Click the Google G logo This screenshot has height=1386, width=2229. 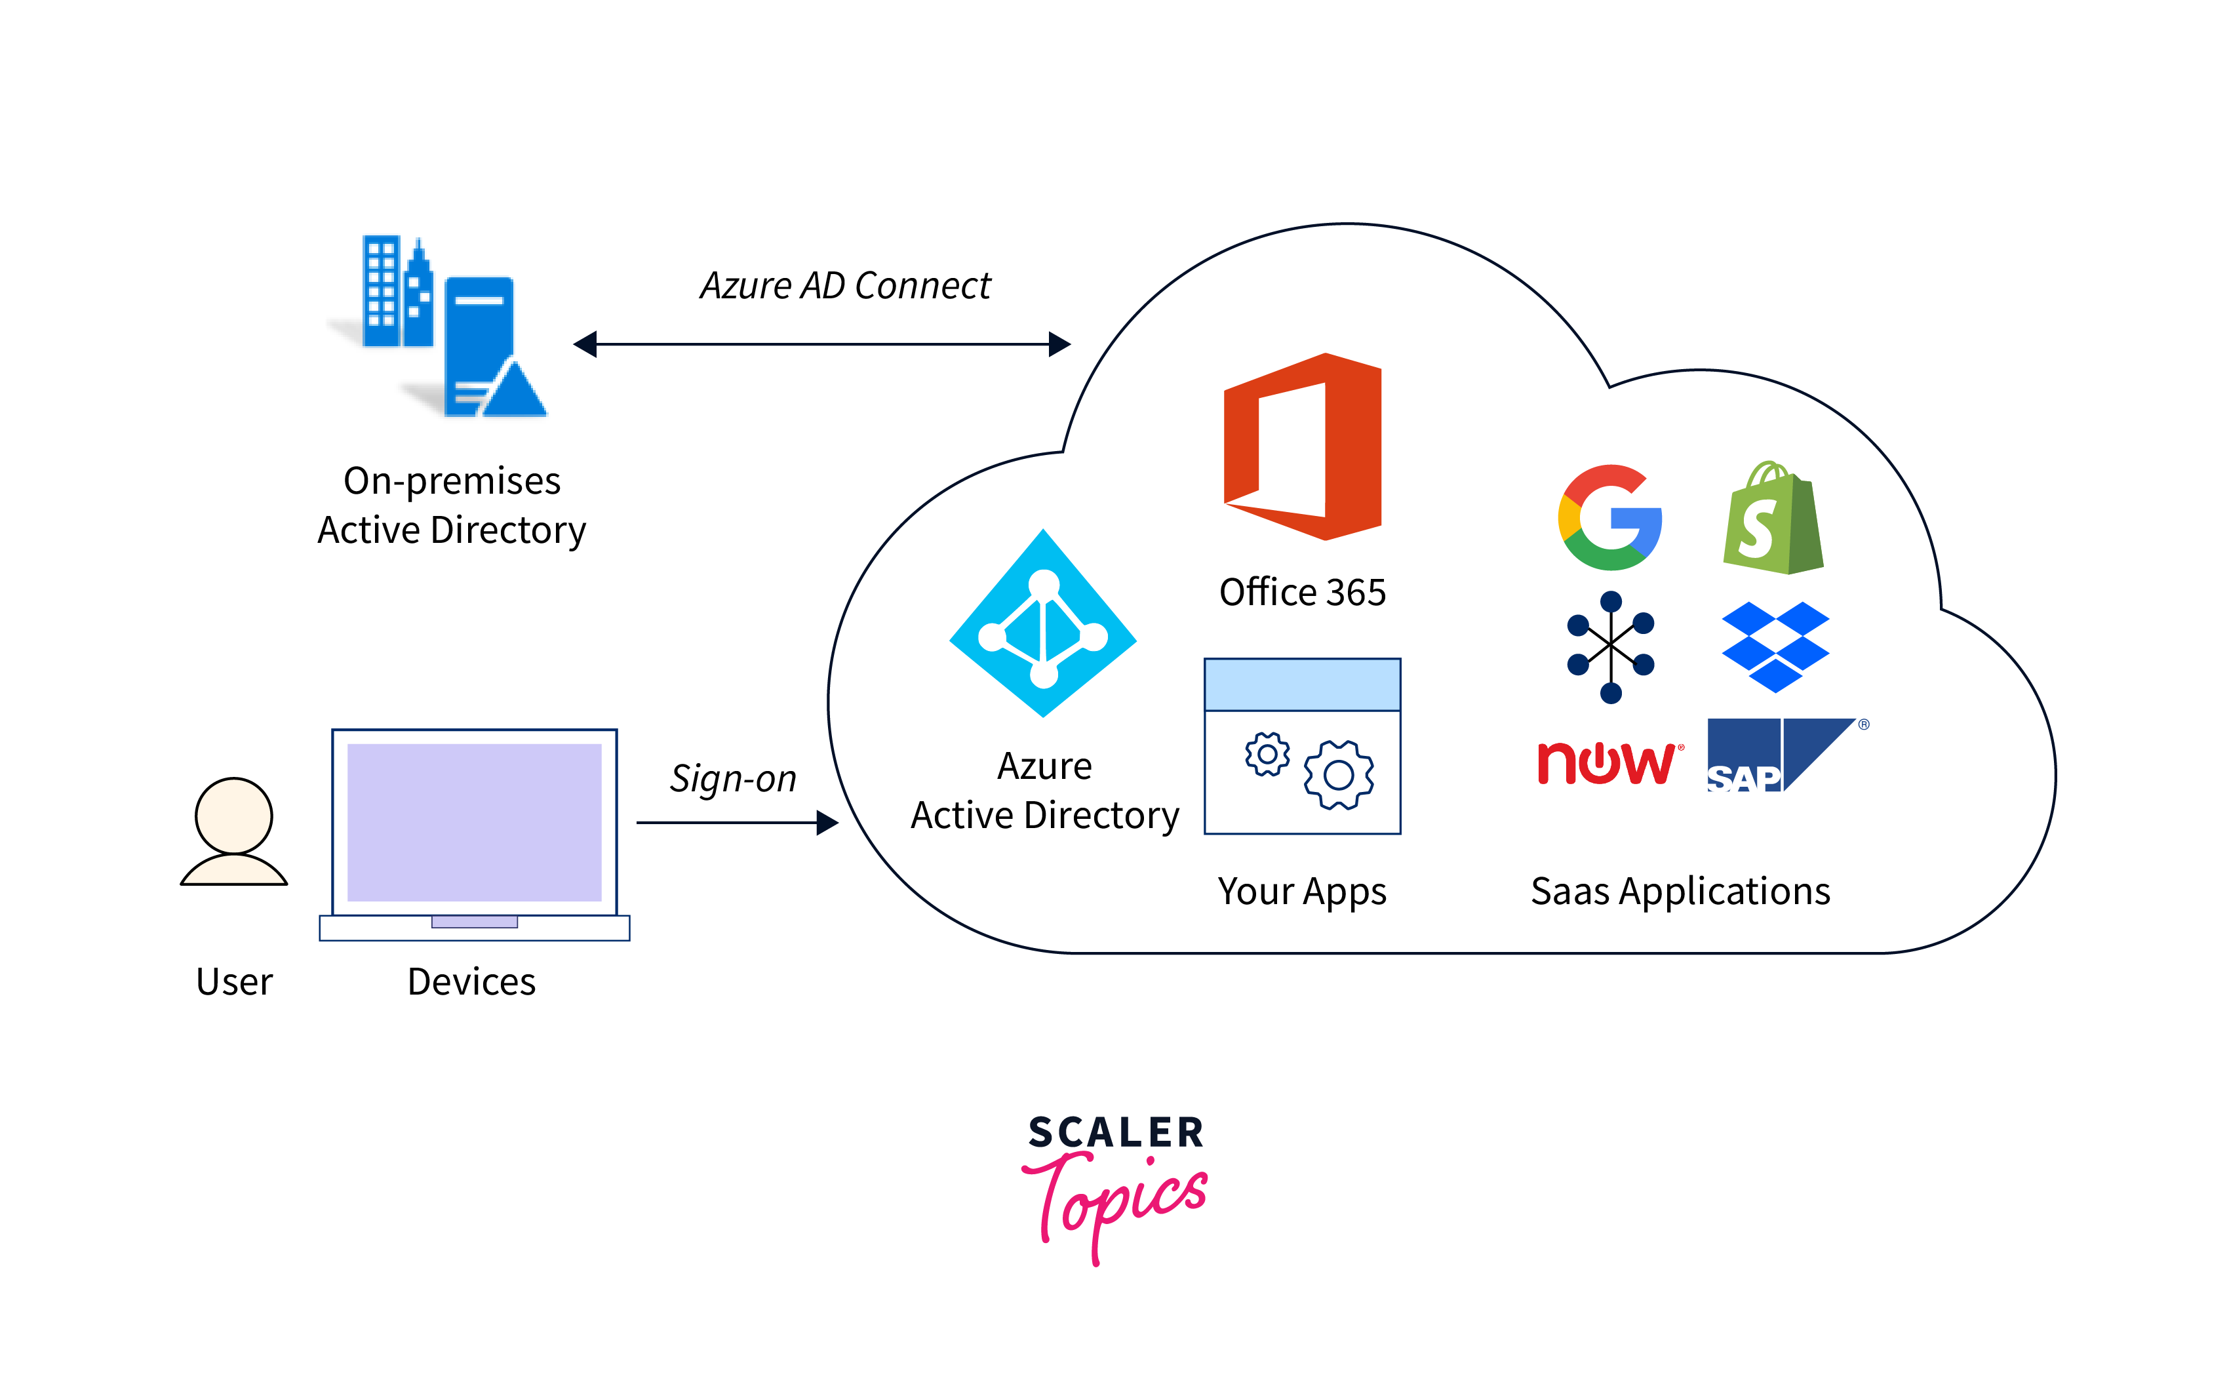[1609, 518]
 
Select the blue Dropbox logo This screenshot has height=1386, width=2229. [1775, 646]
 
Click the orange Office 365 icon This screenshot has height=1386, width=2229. [1303, 446]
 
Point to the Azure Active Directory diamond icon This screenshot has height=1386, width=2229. [1043, 624]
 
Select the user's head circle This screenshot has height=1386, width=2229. [233, 815]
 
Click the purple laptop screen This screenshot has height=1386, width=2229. [474, 822]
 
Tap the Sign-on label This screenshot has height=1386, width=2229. [733, 779]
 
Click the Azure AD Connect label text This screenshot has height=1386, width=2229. [845, 286]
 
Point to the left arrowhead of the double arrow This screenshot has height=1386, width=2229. [585, 345]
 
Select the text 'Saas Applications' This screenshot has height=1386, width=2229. [1680, 891]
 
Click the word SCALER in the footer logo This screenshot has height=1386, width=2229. [1115, 1133]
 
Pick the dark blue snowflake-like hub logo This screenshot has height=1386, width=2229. [1610, 647]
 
